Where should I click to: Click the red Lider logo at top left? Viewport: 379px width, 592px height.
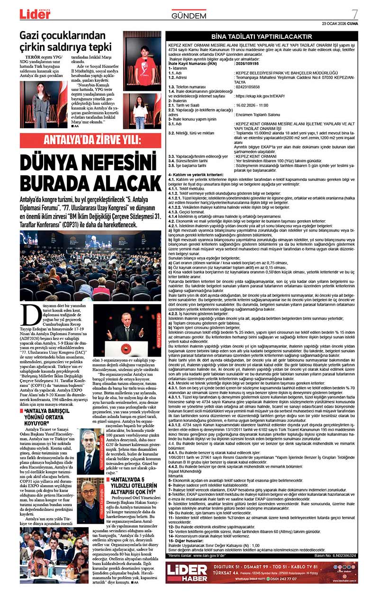pyautogui.click(x=35, y=14)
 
